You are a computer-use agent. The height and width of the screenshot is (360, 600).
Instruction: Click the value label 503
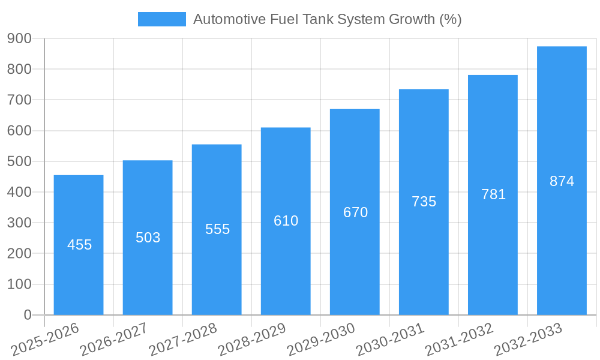(x=148, y=238)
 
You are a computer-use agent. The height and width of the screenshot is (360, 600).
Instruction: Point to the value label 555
(x=217, y=229)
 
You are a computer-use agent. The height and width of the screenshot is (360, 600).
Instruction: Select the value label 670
(x=355, y=212)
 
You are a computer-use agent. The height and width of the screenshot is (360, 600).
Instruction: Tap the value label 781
(x=493, y=194)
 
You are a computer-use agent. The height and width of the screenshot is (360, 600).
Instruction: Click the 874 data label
(x=562, y=181)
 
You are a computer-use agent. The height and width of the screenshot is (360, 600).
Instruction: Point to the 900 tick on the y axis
(x=19, y=38)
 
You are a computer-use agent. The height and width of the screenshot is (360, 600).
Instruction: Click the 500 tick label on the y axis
(x=19, y=161)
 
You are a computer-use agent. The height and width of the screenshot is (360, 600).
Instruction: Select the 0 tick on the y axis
(x=27, y=315)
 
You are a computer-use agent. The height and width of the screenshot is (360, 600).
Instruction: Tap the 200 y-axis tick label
(x=19, y=253)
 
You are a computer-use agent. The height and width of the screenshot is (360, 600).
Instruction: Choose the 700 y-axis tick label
(x=19, y=100)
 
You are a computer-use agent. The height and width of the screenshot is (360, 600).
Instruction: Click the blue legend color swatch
(x=162, y=19)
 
